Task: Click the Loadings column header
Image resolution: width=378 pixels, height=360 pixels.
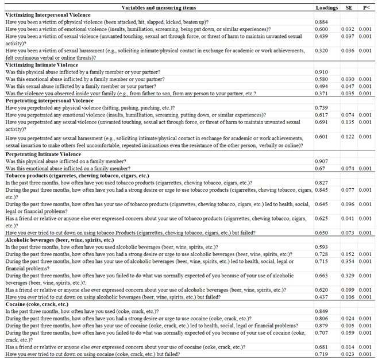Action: point(327,8)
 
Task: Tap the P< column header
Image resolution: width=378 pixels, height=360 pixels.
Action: point(365,8)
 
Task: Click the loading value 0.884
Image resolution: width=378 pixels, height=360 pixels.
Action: point(323,22)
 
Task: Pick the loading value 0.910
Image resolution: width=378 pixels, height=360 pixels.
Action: point(323,72)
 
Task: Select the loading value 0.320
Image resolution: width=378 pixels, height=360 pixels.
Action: point(323,51)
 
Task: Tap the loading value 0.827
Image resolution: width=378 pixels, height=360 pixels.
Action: point(323,182)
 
